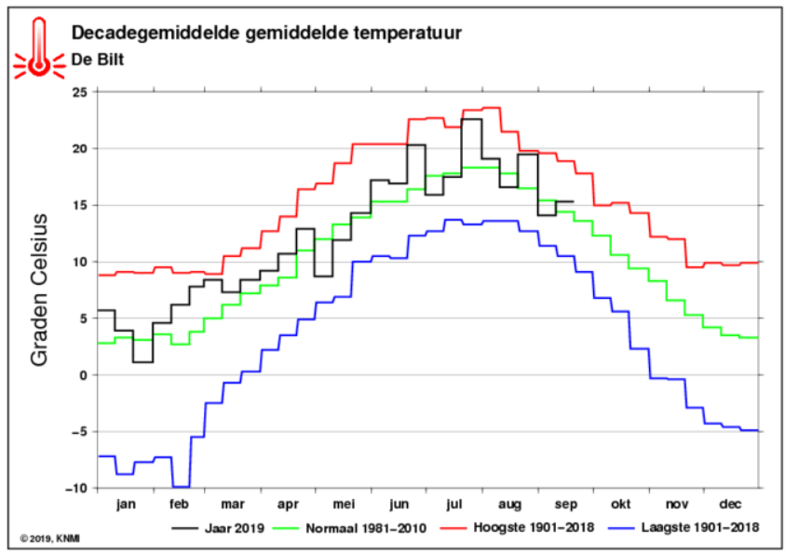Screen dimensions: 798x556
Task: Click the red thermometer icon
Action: click(x=39, y=48)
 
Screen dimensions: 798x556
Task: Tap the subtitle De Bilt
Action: click(x=97, y=60)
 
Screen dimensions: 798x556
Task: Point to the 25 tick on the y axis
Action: click(x=81, y=92)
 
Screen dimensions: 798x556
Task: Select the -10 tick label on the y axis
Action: click(x=75, y=488)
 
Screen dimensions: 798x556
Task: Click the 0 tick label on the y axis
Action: click(x=84, y=375)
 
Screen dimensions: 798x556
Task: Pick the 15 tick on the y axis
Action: click(x=81, y=205)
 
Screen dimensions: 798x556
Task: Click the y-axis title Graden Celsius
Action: click(x=39, y=291)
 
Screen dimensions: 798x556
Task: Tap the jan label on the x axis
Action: click(x=126, y=505)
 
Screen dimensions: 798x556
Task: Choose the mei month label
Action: click(x=344, y=504)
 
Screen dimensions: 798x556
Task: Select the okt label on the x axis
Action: click(x=620, y=504)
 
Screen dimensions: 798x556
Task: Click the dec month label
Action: click(x=730, y=504)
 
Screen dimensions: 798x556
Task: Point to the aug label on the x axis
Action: click(x=509, y=505)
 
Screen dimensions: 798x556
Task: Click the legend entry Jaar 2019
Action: click(x=218, y=528)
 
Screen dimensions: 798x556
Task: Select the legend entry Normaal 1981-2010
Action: click(x=350, y=528)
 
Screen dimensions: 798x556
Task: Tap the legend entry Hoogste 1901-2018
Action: click(x=518, y=527)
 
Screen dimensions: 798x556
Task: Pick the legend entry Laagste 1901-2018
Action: click(x=683, y=527)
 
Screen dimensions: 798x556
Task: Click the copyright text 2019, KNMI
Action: click(x=50, y=538)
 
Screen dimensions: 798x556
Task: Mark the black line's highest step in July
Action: click(x=472, y=119)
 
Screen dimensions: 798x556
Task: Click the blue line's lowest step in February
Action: click(x=182, y=487)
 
